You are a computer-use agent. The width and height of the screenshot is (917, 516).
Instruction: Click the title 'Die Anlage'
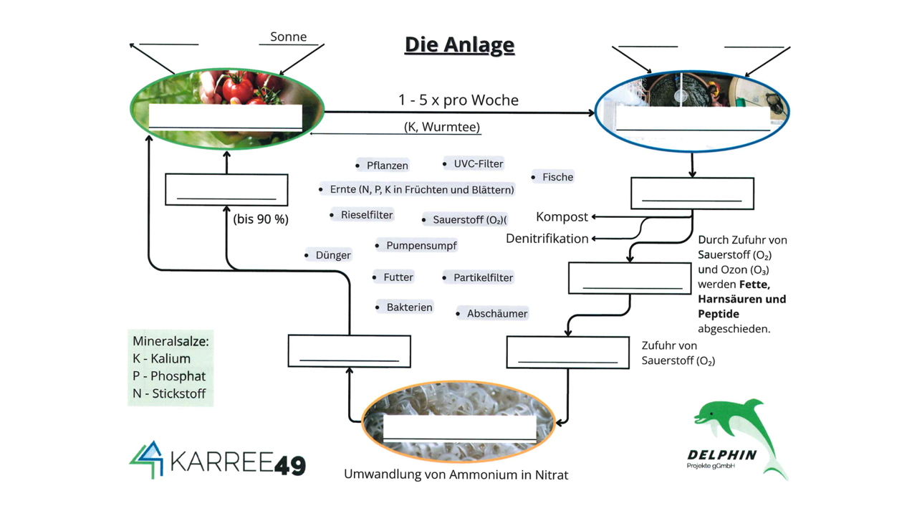(x=459, y=44)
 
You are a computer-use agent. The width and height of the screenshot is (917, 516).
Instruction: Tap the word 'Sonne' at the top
(x=288, y=37)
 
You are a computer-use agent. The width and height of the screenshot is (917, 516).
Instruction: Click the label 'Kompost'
(x=562, y=216)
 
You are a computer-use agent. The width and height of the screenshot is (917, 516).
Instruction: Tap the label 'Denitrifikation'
(x=547, y=239)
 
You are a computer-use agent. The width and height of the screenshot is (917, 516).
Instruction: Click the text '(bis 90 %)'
(x=261, y=219)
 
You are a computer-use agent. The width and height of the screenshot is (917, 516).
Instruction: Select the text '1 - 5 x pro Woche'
(x=458, y=100)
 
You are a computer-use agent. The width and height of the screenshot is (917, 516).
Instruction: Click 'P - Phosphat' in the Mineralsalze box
(x=169, y=376)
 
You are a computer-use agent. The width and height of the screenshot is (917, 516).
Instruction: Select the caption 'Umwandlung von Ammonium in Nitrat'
(x=456, y=474)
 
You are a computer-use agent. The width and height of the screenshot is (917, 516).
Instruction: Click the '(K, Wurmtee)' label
(x=442, y=127)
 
